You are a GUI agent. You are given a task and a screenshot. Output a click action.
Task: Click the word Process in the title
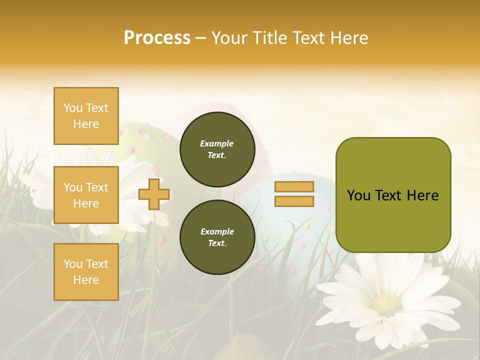click(x=157, y=38)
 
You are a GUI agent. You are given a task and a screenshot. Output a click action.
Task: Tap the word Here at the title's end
click(x=346, y=38)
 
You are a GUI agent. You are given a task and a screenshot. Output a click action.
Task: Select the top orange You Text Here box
click(x=86, y=116)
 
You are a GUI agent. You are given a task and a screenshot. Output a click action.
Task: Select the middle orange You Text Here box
click(x=86, y=195)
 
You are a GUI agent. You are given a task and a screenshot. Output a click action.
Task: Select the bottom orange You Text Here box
click(x=86, y=272)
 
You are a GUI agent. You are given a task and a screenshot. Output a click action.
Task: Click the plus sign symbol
click(x=154, y=194)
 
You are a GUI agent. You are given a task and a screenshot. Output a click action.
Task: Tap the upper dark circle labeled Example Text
click(x=217, y=149)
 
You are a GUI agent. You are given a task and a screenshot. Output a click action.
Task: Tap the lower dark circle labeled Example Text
click(x=217, y=237)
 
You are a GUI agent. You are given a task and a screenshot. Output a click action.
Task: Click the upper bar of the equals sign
click(x=294, y=187)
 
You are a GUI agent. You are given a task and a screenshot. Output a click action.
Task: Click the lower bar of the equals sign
click(x=294, y=201)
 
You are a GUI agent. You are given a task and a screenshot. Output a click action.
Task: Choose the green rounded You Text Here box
click(x=393, y=195)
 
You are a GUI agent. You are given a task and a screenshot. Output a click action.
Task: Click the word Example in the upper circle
click(x=217, y=143)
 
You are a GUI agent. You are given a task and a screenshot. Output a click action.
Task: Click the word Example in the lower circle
click(x=217, y=231)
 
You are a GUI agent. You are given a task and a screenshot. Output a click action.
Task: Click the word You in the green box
click(x=358, y=195)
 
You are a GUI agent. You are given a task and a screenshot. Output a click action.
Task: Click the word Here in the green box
click(x=423, y=195)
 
